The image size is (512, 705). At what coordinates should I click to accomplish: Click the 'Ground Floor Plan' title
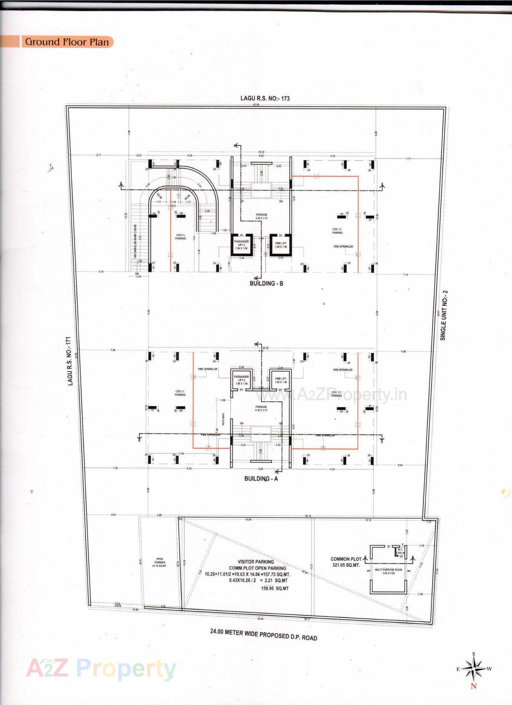67,42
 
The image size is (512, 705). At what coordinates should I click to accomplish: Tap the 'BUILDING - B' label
266,283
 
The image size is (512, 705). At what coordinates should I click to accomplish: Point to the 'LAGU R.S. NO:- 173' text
265,98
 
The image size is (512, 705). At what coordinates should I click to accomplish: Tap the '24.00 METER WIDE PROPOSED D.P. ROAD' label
263,634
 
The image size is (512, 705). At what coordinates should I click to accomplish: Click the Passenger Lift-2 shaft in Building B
241,245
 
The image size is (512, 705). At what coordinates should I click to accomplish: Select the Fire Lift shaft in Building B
281,245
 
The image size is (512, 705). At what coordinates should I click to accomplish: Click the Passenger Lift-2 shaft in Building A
241,380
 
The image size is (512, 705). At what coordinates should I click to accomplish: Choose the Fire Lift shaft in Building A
281,380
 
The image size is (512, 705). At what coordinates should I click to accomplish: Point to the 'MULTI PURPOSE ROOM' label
388,570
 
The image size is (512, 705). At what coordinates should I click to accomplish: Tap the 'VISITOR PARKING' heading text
256,562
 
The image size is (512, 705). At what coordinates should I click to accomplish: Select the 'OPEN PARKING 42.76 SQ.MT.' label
160,562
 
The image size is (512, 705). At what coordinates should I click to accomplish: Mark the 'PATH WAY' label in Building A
223,419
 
